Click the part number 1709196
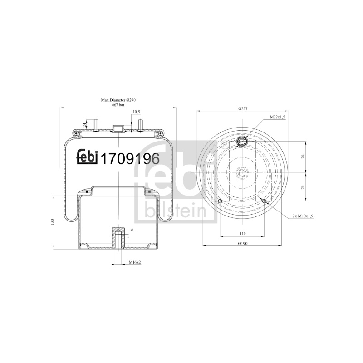[x=130, y=159]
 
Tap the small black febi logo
[x=88, y=157]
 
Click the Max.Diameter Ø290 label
[x=118, y=100]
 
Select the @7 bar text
[x=118, y=105]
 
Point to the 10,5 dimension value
[x=136, y=112]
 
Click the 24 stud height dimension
[x=85, y=125]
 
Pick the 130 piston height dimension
[x=52, y=222]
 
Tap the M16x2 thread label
[x=135, y=262]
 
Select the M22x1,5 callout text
[x=277, y=118]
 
